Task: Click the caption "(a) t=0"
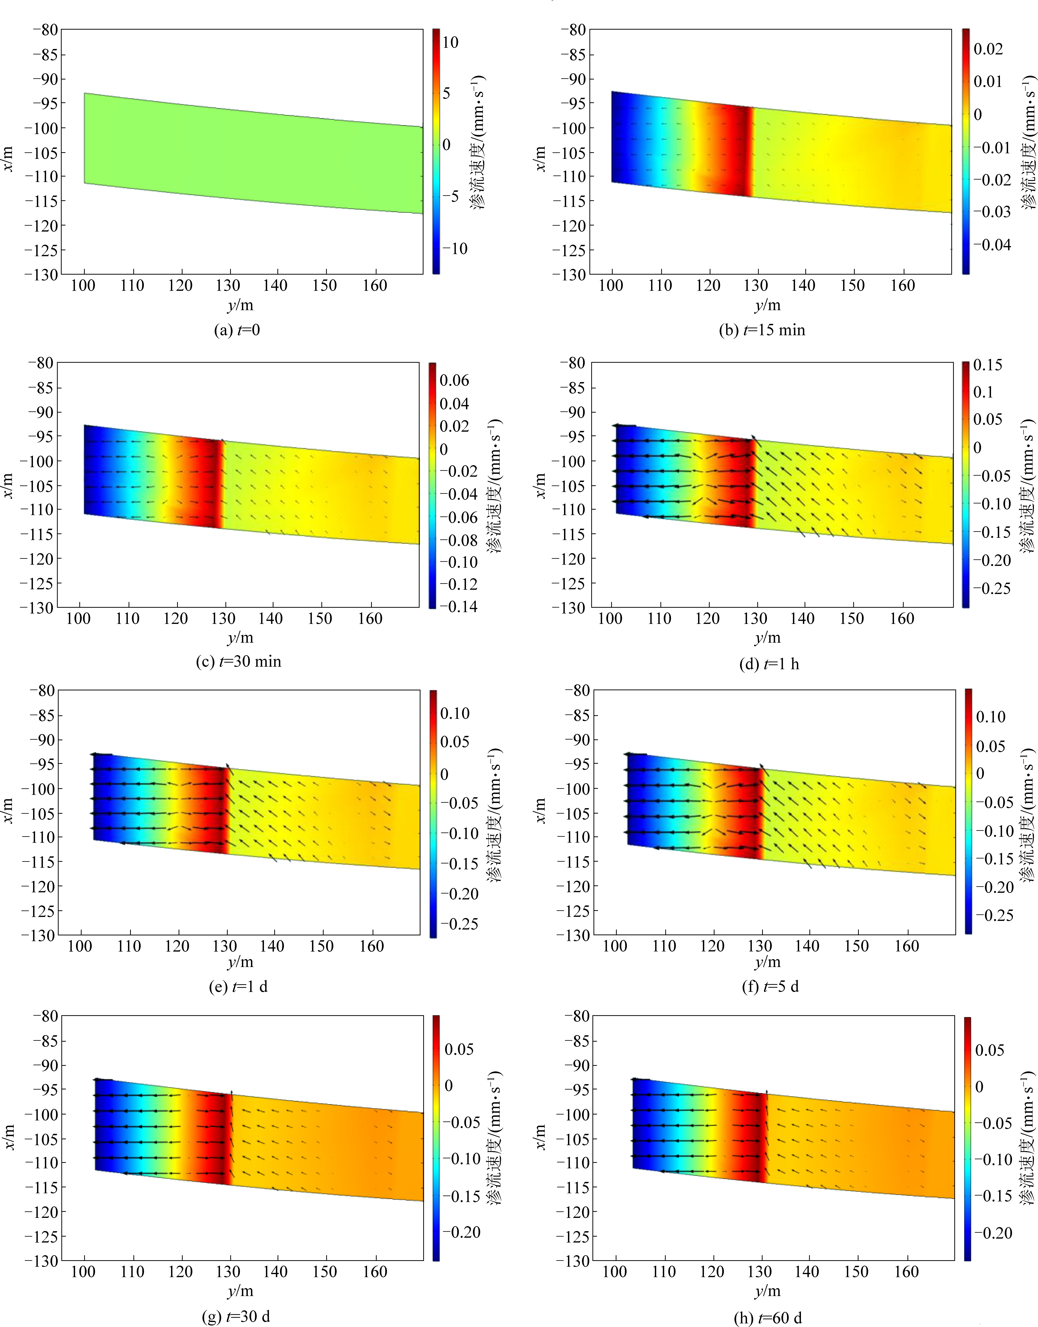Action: coord(237,330)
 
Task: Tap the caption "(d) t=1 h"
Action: coord(769,664)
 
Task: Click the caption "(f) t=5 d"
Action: coord(770,986)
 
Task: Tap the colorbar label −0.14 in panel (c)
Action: coord(458,606)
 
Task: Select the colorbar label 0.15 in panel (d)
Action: coord(988,365)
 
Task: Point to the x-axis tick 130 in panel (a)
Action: coord(228,285)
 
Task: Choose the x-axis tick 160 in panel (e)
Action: coord(371,946)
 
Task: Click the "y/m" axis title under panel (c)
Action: coord(241,638)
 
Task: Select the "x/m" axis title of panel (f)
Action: coord(540,813)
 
